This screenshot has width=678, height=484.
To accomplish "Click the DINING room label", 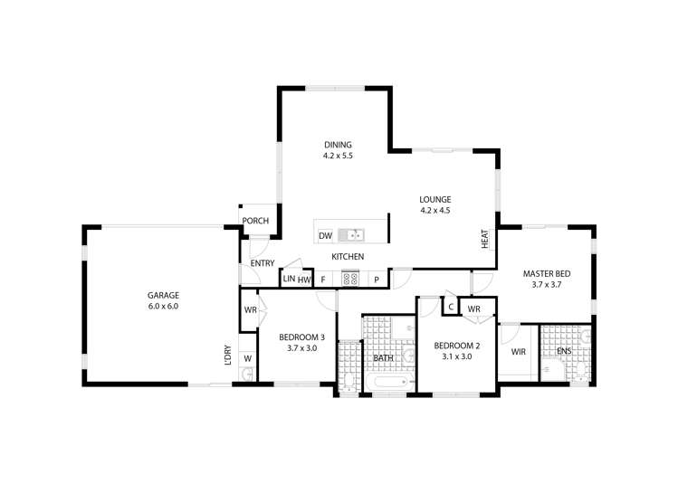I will click(x=337, y=145).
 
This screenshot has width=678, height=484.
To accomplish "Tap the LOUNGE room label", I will click(x=434, y=199).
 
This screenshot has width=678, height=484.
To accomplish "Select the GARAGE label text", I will click(x=163, y=295).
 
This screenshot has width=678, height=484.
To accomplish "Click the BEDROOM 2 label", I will click(x=456, y=346).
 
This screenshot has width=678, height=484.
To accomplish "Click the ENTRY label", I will click(x=263, y=263).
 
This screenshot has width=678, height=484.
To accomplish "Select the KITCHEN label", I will click(x=348, y=257).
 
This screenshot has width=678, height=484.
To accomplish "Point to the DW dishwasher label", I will click(x=325, y=237).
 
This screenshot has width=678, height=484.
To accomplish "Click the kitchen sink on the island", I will click(x=351, y=235).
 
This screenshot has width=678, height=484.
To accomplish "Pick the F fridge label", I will click(x=322, y=280).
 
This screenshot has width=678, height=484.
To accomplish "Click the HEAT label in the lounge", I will click(x=485, y=240).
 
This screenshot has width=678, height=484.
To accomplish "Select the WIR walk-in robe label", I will click(x=519, y=352).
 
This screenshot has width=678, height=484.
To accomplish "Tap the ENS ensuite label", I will click(x=563, y=351).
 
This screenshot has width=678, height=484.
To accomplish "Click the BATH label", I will click(x=383, y=358).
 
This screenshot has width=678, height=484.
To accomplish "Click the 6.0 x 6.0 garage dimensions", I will click(x=163, y=306).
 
